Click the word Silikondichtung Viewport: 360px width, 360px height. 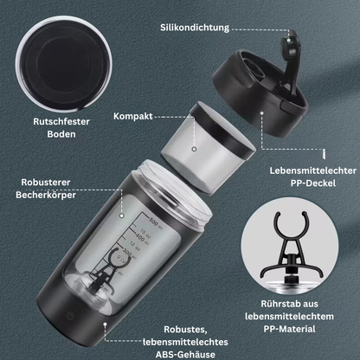201,28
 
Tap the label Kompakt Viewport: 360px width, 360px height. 136,115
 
